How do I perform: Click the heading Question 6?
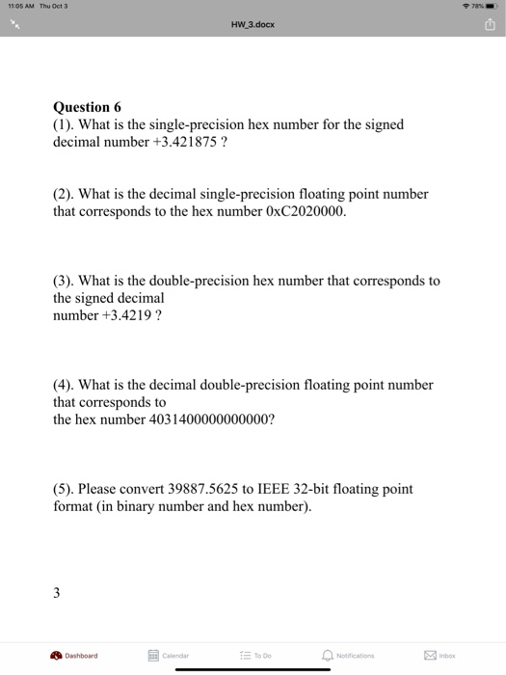87,107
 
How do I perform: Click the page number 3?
57,592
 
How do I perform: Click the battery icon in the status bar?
492,5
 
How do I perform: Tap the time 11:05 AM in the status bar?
20,5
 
